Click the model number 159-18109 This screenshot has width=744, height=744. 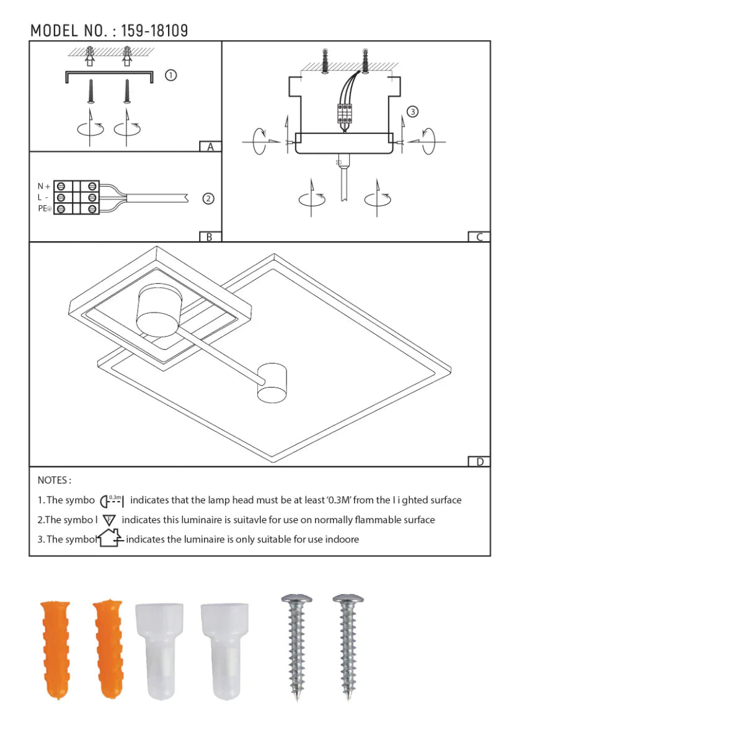pos(154,30)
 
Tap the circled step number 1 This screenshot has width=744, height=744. pos(171,75)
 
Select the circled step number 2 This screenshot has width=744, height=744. pos(208,198)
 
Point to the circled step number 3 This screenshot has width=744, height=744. pos(412,112)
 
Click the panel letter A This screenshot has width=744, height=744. pos(210,147)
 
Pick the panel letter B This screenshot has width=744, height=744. pos(210,237)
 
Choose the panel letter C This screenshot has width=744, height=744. pos(479,237)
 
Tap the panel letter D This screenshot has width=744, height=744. pos(479,462)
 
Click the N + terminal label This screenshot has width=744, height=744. pos(43,186)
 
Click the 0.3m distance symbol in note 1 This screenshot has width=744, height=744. pos(112,500)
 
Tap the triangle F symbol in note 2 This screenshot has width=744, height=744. pos(109,520)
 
